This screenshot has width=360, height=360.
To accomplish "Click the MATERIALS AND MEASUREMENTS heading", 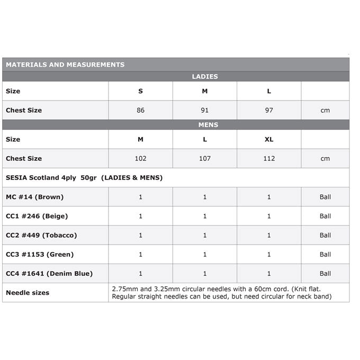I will pyautogui.click(x=65, y=65).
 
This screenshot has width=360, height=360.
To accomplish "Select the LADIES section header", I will pyautogui.click(x=205, y=77).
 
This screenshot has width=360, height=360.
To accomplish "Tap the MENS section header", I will pyautogui.click(x=205, y=125).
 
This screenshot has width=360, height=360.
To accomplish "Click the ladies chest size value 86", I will pyautogui.click(x=140, y=110).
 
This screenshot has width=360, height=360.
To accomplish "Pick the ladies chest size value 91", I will pyautogui.click(x=205, y=110).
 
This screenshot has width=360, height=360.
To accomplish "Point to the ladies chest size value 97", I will pyautogui.click(x=269, y=110).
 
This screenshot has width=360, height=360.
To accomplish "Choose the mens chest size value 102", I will pyautogui.click(x=140, y=158).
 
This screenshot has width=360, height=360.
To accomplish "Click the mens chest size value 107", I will pyautogui.click(x=205, y=158).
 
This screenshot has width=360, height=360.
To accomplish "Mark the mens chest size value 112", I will pyautogui.click(x=269, y=158).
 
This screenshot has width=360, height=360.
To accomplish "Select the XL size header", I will pyautogui.click(x=269, y=139).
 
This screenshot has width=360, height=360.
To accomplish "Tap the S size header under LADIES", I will pyautogui.click(x=140, y=91).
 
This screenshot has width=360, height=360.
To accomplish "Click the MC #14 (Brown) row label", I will pyautogui.click(x=34, y=197).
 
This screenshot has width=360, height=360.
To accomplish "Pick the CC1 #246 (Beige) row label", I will pyautogui.click(x=37, y=216).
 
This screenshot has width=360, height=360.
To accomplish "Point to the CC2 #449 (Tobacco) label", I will pyautogui.click(x=41, y=235).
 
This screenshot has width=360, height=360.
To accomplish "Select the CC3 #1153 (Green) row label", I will pyautogui.click(x=40, y=254).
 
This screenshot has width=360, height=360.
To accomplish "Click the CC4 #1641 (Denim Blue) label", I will pyautogui.click(x=49, y=273).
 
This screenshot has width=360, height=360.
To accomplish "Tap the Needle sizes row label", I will pyautogui.click(x=28, y=293).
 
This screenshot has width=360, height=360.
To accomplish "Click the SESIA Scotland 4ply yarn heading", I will pyautogui.click(x=84, y=177).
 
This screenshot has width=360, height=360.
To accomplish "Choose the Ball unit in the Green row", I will pyautogui.click(x=325, y=254).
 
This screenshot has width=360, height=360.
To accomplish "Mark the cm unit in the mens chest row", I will pyautogui.click(x=325, y=158).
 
